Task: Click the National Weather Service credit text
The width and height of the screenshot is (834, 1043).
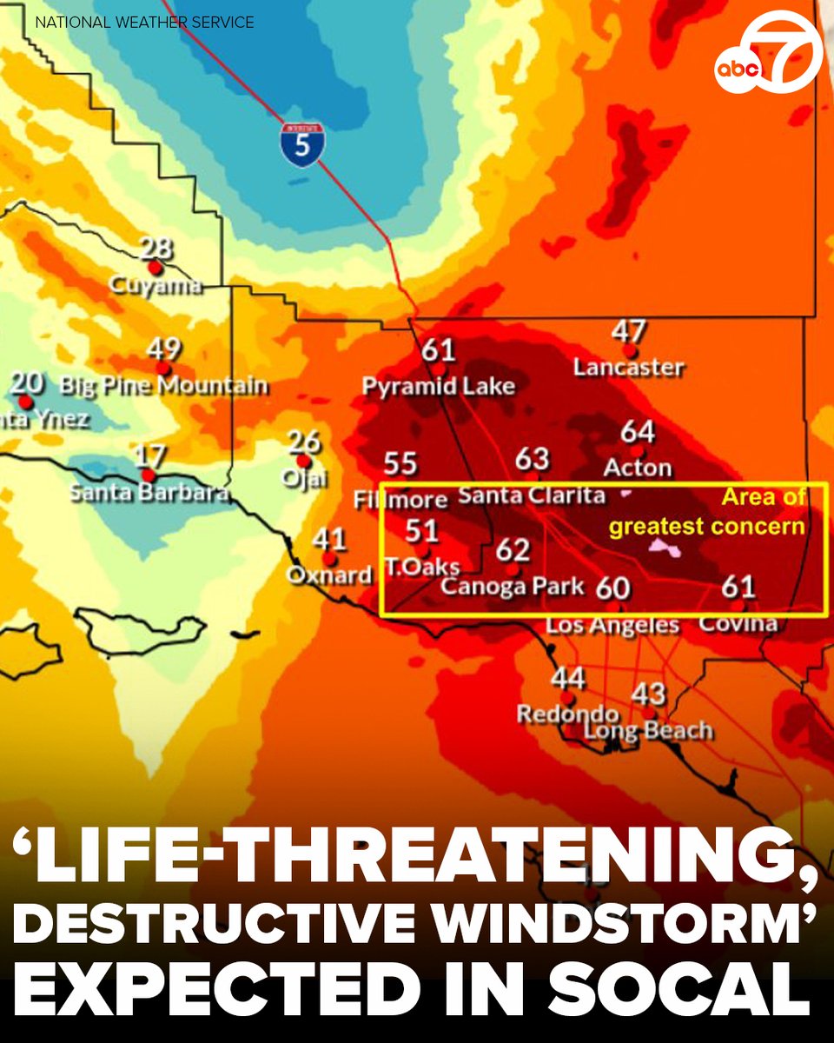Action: (x=145, y=22)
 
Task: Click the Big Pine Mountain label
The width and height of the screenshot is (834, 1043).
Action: (x=164, y=385)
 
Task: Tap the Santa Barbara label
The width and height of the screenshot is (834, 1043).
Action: (x=149, y=493)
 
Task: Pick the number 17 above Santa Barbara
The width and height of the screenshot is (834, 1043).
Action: (x=152, y=455)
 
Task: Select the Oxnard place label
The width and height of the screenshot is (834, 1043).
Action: (x=329, y=575)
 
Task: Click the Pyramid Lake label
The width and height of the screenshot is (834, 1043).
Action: (x=439, y=385)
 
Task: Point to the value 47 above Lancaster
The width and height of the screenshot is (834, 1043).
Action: (x=629, y=331)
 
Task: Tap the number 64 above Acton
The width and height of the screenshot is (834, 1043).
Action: (x=638, y=431)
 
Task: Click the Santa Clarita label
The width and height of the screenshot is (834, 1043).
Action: (x=531, y=495)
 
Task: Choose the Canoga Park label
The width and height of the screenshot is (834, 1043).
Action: (x=513, y=585)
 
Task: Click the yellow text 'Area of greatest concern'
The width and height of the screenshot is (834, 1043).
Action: (x=707, y=512)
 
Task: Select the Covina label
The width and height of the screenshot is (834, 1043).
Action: (x=738, y=623)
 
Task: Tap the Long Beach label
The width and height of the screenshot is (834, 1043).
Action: (x=648, y=731)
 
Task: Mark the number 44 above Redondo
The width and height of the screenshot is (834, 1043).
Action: (x=568, y=677)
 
